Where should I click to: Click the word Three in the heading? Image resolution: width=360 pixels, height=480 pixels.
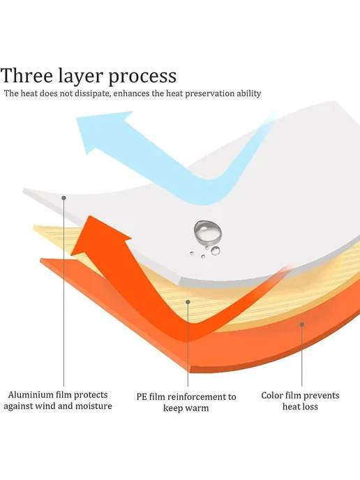27,75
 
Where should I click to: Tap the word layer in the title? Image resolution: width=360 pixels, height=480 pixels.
81,77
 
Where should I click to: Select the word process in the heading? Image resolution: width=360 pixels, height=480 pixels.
142,77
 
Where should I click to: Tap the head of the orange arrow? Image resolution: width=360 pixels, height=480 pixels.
98,236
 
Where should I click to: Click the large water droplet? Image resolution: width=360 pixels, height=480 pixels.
207,232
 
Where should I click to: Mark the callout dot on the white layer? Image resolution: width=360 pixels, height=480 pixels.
63,198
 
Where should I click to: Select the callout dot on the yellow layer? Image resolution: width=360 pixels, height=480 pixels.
188,302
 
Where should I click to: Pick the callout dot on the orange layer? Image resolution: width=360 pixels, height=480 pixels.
302,324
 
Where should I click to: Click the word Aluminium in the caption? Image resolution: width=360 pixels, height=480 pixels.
29,395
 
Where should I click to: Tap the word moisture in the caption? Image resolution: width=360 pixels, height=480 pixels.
93,406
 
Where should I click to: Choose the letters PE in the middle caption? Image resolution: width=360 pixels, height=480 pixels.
142,397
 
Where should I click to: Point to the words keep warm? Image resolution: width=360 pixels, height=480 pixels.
186,408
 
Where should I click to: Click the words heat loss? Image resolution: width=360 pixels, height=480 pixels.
300,407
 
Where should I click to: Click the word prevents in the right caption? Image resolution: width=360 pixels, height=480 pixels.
321,396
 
